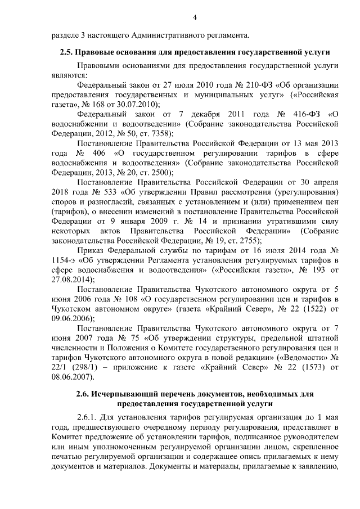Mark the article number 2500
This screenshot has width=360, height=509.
(x=158, y=172)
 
